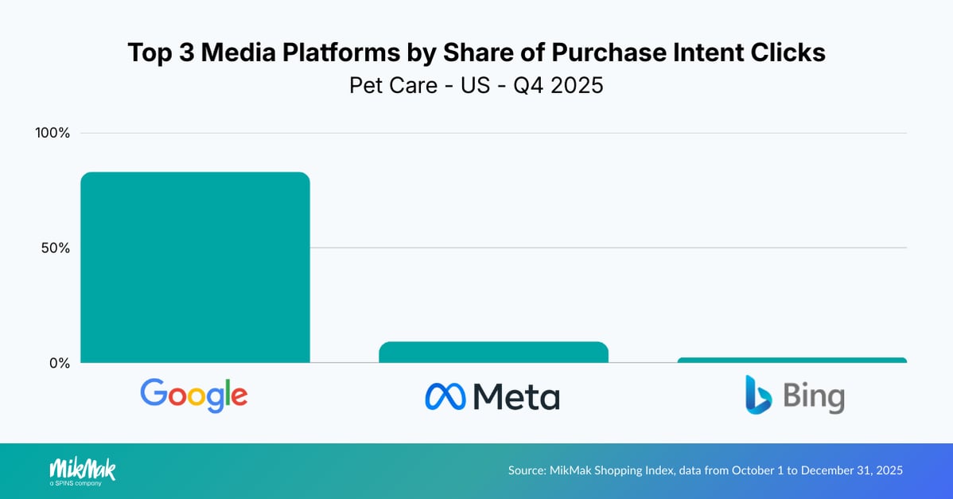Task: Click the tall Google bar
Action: [x=195, y=267]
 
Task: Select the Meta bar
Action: [x=493, y=352]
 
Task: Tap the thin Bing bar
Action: [x=792, y=360]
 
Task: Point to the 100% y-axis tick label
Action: [x=53, y=133]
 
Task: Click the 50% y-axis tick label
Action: [x=56, y=248]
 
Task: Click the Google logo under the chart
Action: [x=194, y=395]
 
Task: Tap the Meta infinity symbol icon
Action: [x=444, y=396]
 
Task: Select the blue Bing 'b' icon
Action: [x=758, y=395]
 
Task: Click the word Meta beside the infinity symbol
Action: [x=516, y=396]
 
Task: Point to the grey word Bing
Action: [x=813, y=396]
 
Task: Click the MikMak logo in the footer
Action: [x=82, y=468]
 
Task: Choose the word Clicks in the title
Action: [x=784, y=53]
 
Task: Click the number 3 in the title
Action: [x=185, y=53]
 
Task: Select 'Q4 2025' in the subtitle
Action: [x=558, y=85]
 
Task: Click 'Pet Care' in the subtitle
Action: [x=393, y=85]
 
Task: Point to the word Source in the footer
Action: [x=525, y=470]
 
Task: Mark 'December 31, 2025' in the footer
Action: [x=851, y=470]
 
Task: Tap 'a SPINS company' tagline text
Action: [x=76, y=482]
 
